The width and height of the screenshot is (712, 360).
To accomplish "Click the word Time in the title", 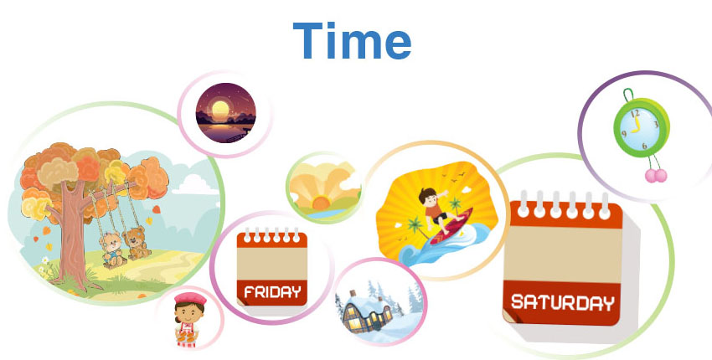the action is click(x=352, y=40).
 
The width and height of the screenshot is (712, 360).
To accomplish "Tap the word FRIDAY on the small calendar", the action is click(x=272, y=292).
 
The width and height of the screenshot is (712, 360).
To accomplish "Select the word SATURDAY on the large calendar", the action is click(x=563, y=302).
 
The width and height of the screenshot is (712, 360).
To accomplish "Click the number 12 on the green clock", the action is click(x=635, y=113).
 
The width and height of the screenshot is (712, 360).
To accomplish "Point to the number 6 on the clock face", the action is click(x=644, y=146).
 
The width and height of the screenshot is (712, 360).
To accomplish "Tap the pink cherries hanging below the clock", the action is click(x=656, y=176).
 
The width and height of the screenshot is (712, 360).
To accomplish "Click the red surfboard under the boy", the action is click(x=451, y=228).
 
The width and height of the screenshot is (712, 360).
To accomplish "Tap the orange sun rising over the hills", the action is click(x=321, y=202).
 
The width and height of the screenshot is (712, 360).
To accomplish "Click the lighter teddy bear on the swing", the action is click(x=112, y=249).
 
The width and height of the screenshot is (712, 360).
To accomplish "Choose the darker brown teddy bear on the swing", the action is click(x=137, y=244).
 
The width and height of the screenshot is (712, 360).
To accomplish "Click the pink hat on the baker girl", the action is click(x=190, y=298).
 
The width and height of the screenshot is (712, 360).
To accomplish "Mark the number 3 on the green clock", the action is click(x=656, y=124).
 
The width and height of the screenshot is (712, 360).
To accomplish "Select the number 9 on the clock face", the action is click(x=624, y=134).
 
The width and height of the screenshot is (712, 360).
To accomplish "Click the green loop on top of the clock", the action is click(x=628, y=95).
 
